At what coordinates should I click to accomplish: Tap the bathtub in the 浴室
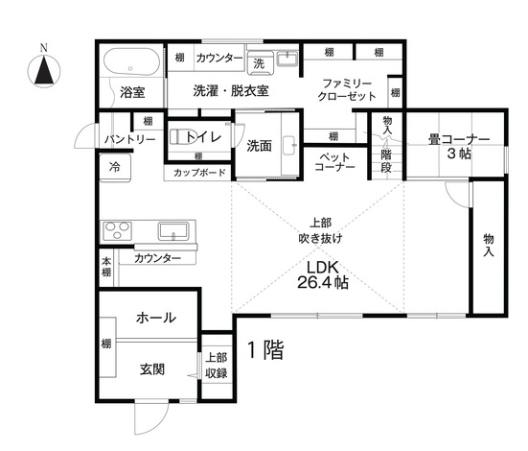(129, 64)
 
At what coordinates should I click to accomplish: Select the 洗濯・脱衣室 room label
(231, 90)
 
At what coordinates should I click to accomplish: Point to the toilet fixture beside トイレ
(180, 136)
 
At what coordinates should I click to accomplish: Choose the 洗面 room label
(260, 146)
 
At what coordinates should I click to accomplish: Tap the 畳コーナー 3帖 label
(458, 146)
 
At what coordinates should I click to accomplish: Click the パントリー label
(129, 140)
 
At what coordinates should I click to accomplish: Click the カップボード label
(200, 173)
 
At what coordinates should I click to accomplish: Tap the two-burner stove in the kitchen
(117, 230)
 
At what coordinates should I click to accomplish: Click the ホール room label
(154, 318)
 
